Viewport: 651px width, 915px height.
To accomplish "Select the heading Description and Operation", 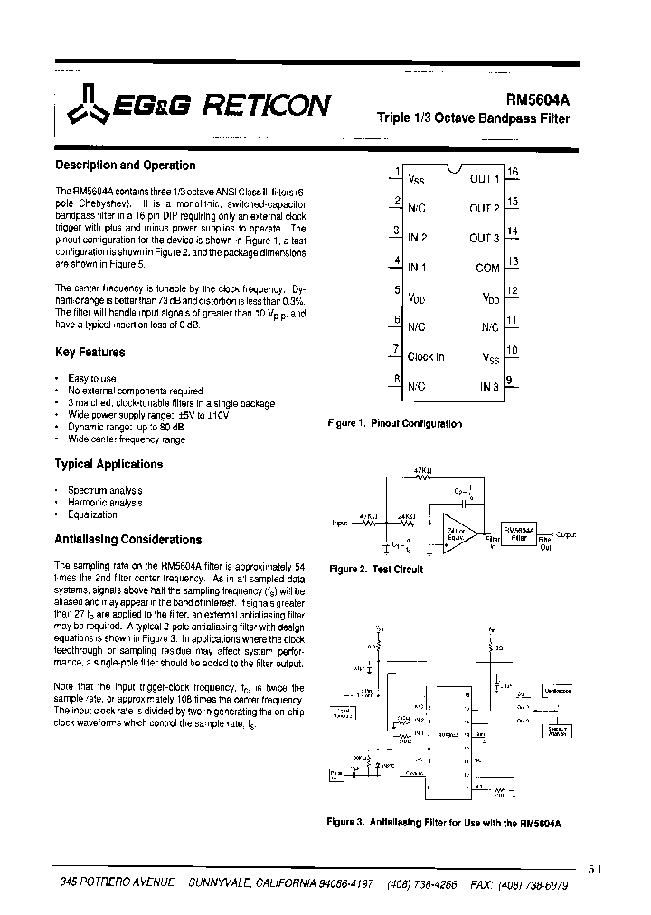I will click(x=126, y=165).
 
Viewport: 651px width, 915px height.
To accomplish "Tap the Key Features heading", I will click(x=90, y=353).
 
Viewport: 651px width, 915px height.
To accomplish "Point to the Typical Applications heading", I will click(x=109, y=464).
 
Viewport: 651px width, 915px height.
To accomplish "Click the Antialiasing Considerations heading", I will click(x=128, y=540).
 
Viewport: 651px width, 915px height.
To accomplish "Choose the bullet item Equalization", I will click(x=92, y=514).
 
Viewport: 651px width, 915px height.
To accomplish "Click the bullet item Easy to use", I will click(x=92, y=378).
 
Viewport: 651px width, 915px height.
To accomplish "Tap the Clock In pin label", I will click(x=426, y=357).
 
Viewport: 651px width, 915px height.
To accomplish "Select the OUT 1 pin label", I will click(x=484, y=179).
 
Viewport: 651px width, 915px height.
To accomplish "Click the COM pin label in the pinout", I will click(x=487, y=269).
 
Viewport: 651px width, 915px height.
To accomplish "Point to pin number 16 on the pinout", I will click(x=512, y=172).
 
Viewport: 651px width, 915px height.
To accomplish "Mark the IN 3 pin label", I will click(x=489, y=387).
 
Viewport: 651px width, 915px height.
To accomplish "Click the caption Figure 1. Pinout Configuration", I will click(x=394, y=423).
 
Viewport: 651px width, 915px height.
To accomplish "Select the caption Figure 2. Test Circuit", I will click(x=375, y=570).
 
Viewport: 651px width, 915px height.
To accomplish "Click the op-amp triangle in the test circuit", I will click(x=457, y=532).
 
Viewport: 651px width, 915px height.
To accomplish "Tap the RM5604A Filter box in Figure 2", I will click(x=519, y=533).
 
